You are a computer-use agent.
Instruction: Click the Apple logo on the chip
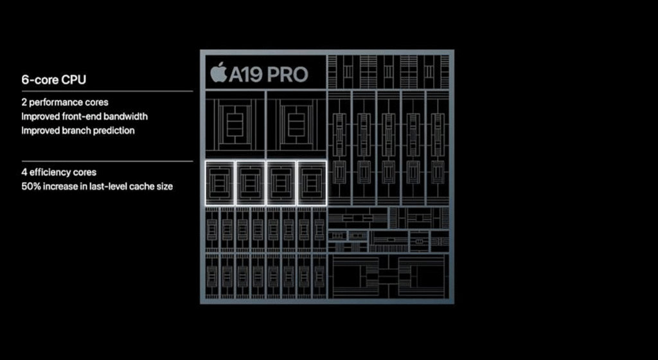(x=219, y=73)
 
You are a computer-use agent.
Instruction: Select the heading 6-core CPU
(x=54, y=80)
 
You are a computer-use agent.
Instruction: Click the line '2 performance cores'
(x=64, y=102)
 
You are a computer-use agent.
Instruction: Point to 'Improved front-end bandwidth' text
(x=84, y=116)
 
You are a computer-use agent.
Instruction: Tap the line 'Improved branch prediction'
(x=78, y=130)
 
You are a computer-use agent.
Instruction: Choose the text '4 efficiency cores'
(x=58, y=172)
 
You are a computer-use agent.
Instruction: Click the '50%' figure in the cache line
(x=32, y=186)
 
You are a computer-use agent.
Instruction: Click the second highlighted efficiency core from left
(x=250, y=183)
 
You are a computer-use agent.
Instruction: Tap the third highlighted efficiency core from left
(x=281, y=183)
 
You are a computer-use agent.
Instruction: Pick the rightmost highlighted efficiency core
(x=311, y=183)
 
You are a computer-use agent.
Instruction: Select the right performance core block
(x=296, y=125)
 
